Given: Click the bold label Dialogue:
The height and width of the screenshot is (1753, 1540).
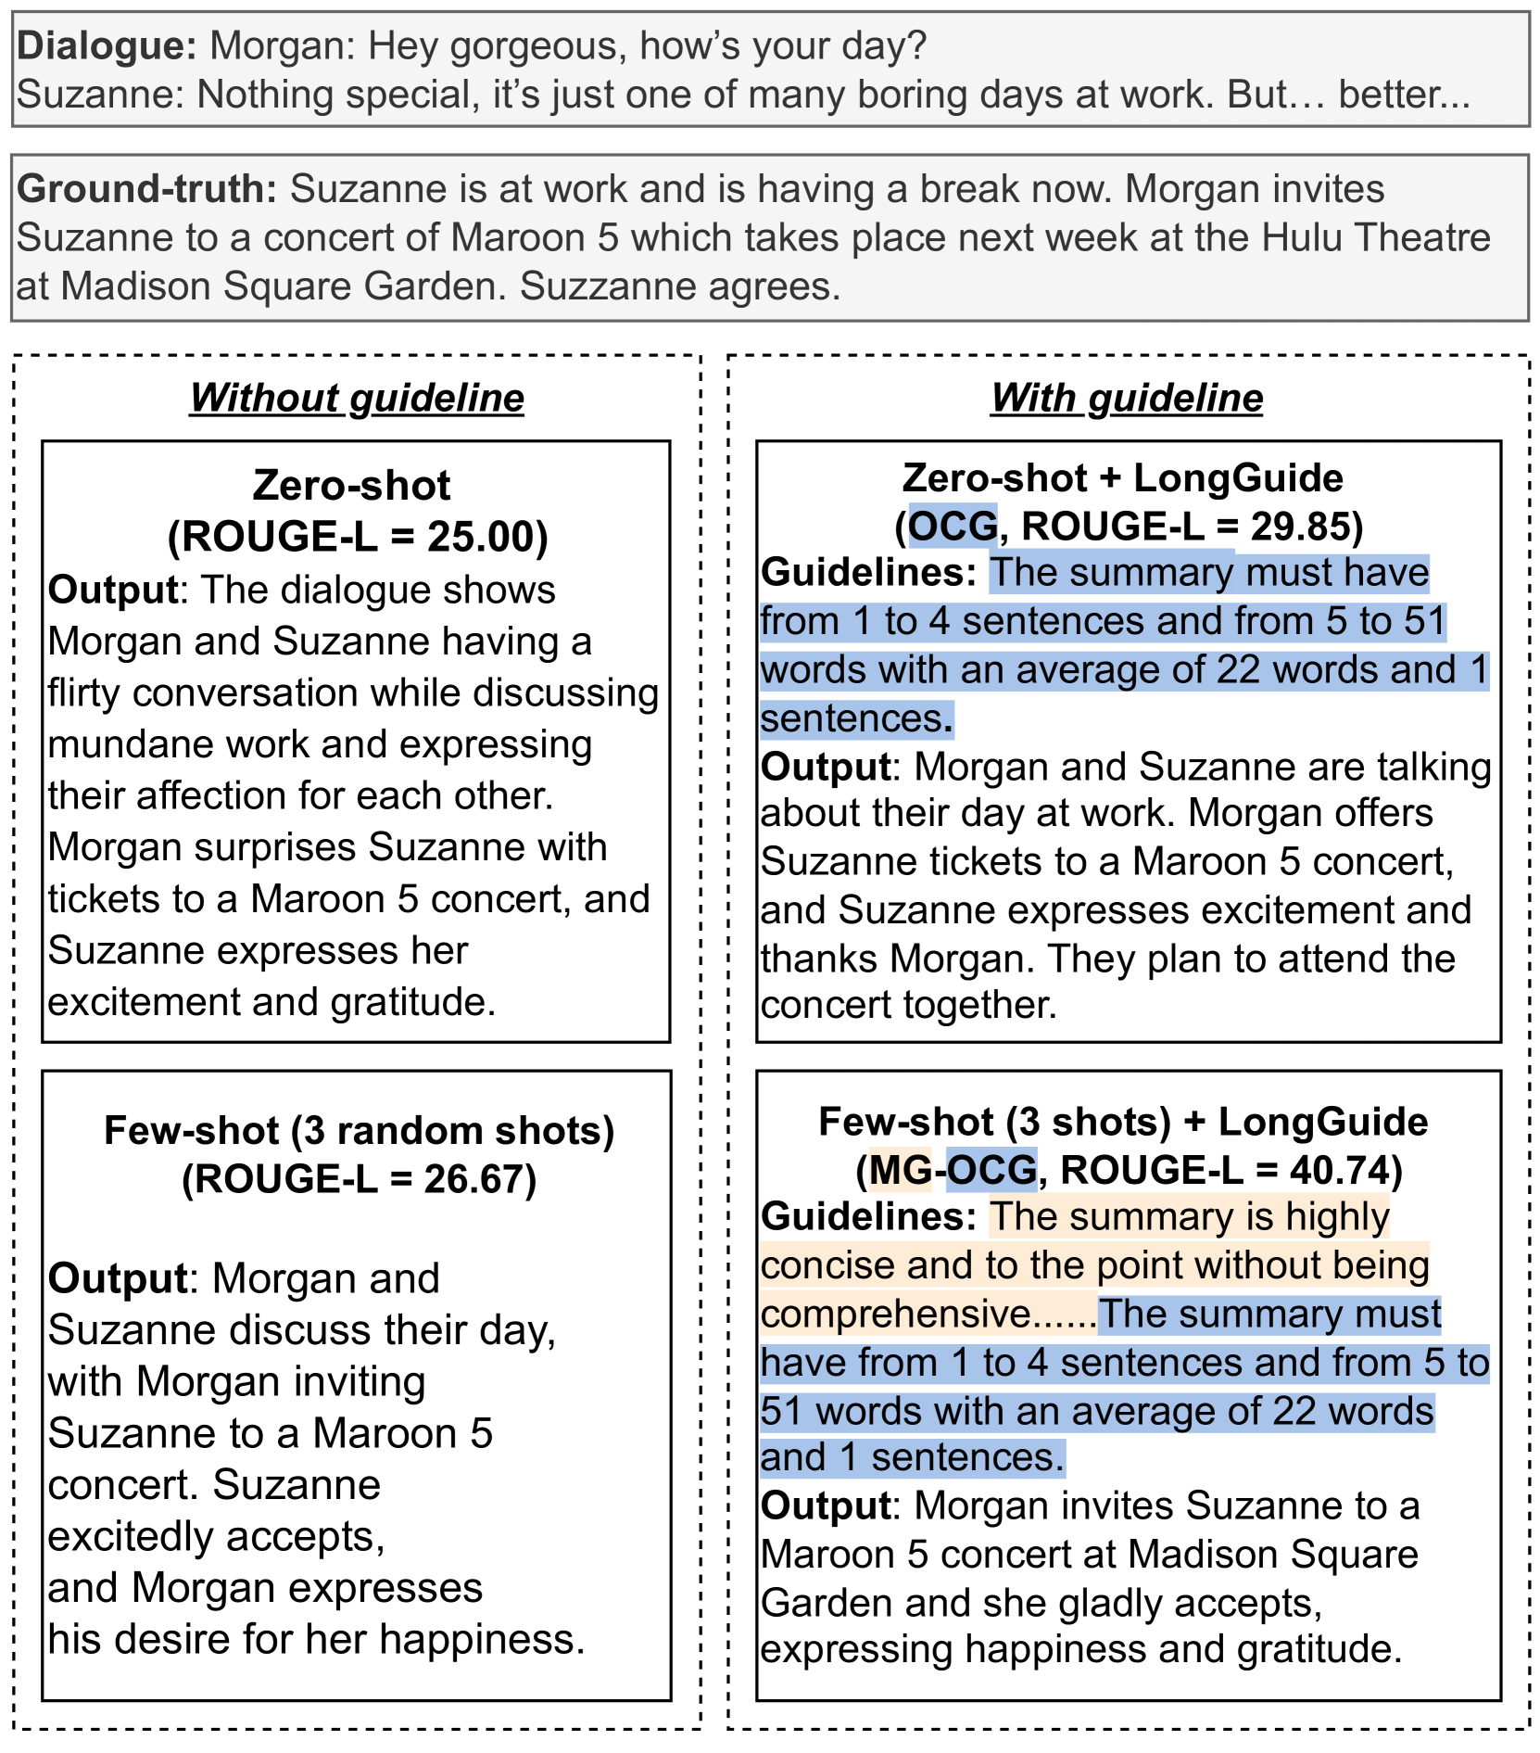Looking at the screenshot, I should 107,45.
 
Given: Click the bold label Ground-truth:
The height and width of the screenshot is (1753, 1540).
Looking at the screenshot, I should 146,189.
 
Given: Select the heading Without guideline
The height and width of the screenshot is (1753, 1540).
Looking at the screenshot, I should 357,398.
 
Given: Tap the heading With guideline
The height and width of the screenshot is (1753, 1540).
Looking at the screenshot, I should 1126,398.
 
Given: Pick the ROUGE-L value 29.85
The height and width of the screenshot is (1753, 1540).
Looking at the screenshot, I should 1301,527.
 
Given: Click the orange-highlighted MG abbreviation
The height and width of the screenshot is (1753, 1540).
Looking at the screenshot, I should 900,1170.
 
